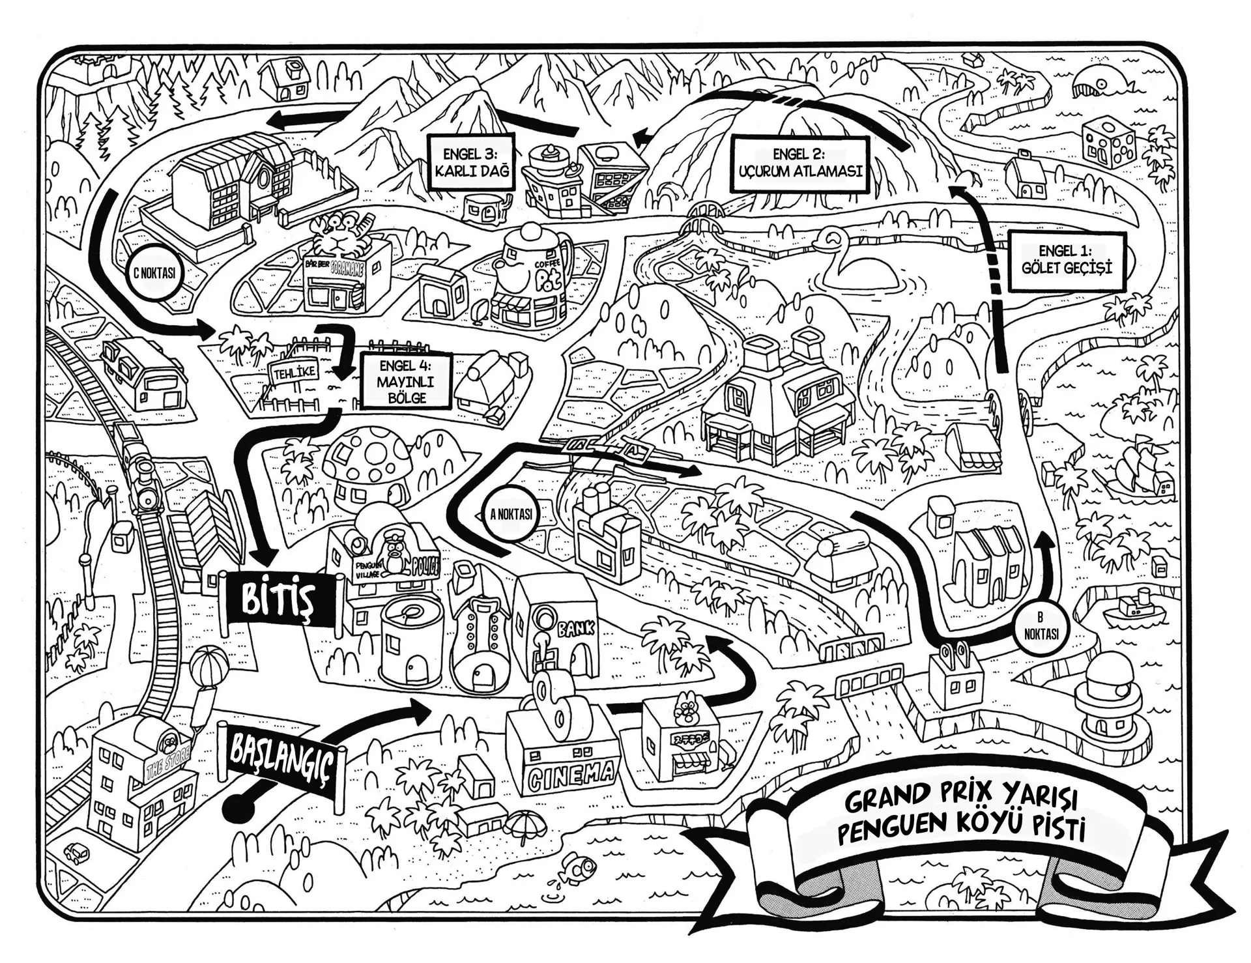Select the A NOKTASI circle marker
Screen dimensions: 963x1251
pos(511,514)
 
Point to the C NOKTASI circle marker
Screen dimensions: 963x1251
pos(154,273)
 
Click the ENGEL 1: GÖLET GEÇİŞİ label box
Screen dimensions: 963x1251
pos(1066,259)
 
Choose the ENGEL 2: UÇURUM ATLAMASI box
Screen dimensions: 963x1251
pos(800,164)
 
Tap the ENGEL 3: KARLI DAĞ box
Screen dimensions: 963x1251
pos(470,163)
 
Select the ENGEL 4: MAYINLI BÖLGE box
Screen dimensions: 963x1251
pos(406,381)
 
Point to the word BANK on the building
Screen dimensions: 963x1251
pos(575,628)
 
